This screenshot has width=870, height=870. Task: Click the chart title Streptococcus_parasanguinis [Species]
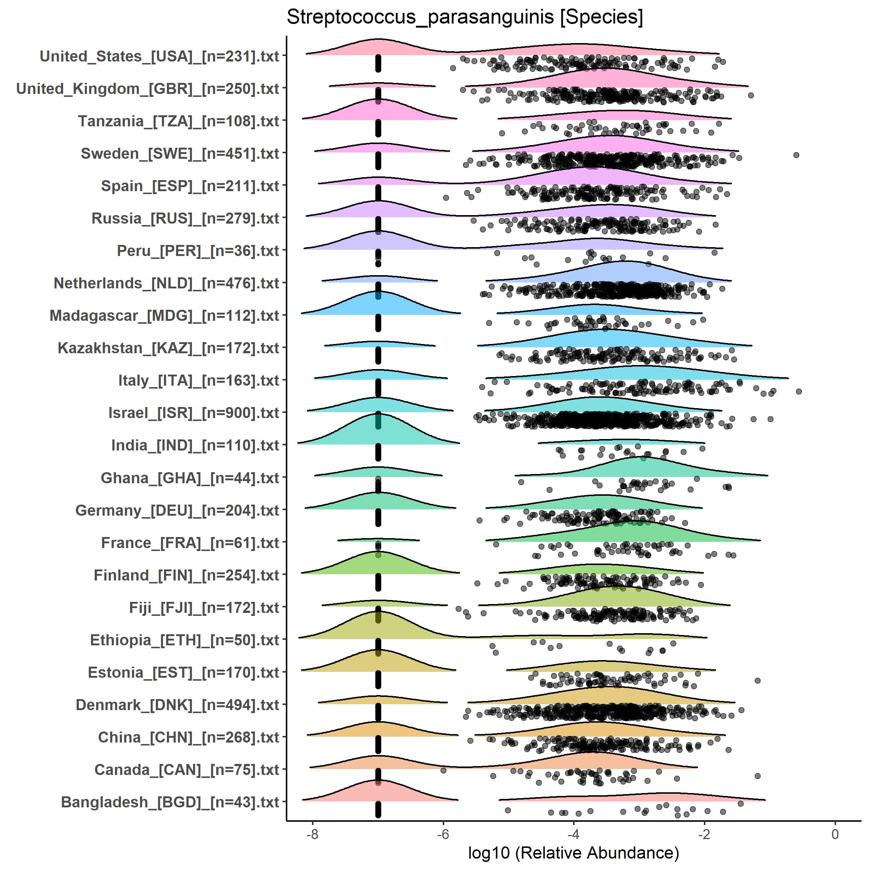tap(465, 17)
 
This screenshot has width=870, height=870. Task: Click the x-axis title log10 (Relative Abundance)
tap(573, 852)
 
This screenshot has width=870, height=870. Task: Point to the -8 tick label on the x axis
tap(312, 834)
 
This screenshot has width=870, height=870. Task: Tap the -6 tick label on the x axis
tap(443, 834)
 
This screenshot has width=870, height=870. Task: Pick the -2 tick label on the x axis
tap(704, 834)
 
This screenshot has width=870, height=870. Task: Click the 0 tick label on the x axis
tap(835, 834)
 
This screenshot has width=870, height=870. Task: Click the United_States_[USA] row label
tap(159, 56)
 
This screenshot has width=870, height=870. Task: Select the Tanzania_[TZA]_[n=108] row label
tap(178, 121)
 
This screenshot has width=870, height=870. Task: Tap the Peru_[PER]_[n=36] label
tap(198, 251)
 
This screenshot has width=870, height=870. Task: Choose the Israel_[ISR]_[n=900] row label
tap(194, 413)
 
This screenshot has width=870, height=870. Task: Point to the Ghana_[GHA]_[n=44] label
tap(190, 478)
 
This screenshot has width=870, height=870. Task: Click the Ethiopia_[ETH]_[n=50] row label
tap(185, 640)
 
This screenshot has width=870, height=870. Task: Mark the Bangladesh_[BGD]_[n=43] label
tap(170, 802)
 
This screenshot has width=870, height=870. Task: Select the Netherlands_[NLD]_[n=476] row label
tap(166, 283)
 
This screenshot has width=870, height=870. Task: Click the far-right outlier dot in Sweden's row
tap(796, 155)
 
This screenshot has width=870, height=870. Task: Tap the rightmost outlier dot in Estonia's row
tap(757, 680)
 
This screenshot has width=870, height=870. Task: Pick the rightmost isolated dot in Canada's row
tap(757, 776)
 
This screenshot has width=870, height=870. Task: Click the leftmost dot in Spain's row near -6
tap(446, 198)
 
